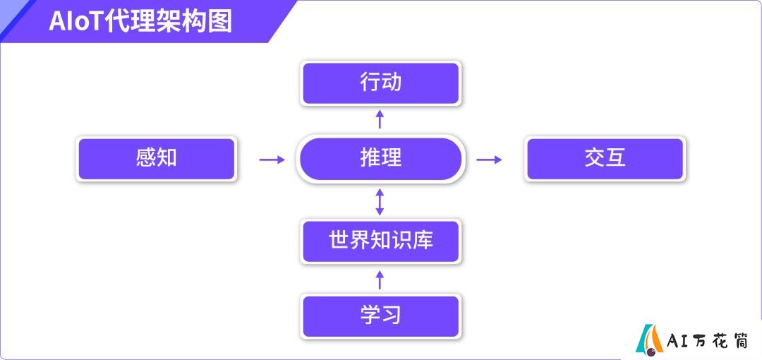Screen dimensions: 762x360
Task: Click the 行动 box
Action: click(380, 83)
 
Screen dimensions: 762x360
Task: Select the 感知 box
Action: click(157, 159)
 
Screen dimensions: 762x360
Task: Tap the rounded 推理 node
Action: click(380, 159)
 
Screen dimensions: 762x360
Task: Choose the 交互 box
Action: click(605, 159)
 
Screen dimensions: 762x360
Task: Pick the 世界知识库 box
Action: click(380, 241)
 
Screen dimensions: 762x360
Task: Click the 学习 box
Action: click(380, 316)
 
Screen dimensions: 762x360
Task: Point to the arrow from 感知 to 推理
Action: click(272, 160)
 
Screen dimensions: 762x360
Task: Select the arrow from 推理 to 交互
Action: click(489, 160)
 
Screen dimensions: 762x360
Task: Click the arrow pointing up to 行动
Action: click(380, 119)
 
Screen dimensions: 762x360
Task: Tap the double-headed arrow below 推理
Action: click(380, 202)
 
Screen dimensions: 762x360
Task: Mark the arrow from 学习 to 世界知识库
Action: click(380, 280)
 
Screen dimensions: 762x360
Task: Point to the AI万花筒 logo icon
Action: click(650, 338)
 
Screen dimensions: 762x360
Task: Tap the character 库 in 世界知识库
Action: click(423, 240)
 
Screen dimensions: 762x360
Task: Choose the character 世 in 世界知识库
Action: click(339, 240)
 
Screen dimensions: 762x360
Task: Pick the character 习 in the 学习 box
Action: click(391, 316)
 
